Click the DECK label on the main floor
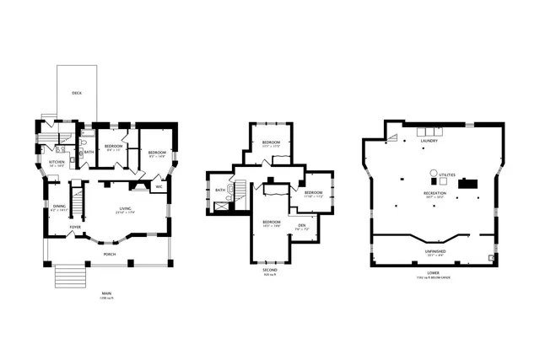coord(77,93)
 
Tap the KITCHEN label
coord(57,161)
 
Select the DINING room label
coord(59,206)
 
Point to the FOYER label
coord(76,226)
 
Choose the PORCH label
coord(110,253)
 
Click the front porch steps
coord(72,277)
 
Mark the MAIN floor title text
coord(106,293)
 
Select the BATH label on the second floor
coord(220,191)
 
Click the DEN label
coord(301,225)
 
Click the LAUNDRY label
coord(430,141)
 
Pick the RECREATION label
coord(435,193)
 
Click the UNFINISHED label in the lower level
coord(435,250)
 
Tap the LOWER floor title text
coord(432,273)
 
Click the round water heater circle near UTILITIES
coord(434,172)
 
